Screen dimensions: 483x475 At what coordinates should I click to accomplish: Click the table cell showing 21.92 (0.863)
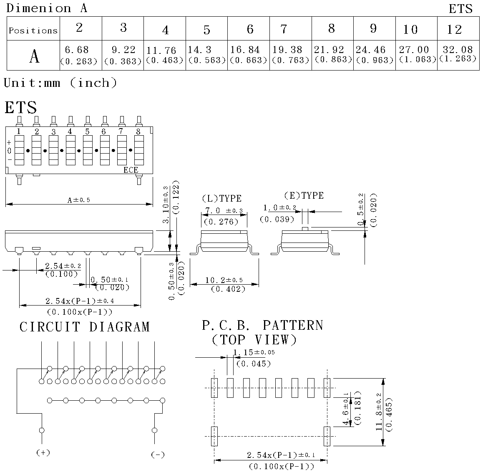(x=332, y=55)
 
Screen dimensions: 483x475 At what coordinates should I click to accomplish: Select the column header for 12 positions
(x=458, y=28)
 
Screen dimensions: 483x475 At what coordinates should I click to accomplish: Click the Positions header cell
(x=33, y=28)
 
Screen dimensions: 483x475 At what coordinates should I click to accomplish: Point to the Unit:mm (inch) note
(x=60, y=83)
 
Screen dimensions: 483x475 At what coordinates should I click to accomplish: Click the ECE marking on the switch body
(x=131, y=170)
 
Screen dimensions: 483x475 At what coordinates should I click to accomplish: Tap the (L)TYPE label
(x=222, y=198)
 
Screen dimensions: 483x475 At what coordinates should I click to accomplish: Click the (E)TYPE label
(x=304, y=195)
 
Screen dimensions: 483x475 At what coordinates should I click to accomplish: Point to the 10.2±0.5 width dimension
(x=224, y=280)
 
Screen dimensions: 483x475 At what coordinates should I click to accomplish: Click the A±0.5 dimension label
(x=79, y=200)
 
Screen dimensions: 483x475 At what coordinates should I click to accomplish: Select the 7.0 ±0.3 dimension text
(x=224, y=210)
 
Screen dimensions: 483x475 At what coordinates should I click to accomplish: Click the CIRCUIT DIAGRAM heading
(x=85, y=327)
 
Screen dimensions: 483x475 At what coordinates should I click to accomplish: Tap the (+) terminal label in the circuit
(x=43, y=452)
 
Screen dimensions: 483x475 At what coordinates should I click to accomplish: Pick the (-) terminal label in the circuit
(x=158, y=455)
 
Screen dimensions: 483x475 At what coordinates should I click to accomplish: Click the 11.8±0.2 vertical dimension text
(x=379, y=412)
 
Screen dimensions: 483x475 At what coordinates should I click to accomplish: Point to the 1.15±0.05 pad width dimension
(x=254, y=352)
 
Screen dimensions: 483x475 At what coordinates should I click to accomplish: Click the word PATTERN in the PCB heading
(x=293, y=326)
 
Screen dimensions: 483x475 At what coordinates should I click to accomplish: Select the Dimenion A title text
(x=47, y=8)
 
